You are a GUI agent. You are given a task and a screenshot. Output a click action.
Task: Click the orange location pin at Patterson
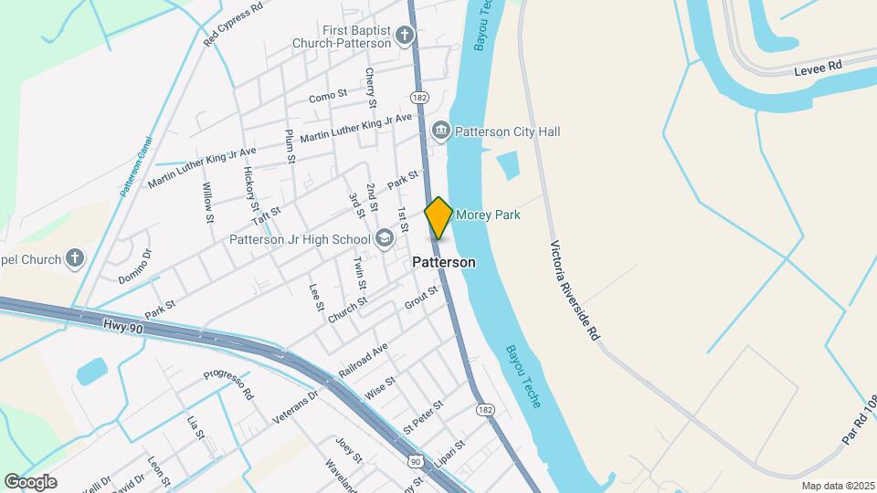point(438,218)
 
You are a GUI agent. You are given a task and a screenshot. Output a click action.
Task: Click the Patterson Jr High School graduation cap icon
point(385,239)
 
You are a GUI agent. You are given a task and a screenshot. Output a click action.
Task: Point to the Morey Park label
point(488,215)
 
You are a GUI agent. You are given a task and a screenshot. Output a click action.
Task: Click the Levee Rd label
point(817,68)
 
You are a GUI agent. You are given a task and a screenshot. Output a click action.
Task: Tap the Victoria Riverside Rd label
point(575,290)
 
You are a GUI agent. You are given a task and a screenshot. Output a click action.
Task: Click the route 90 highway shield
point(416,463)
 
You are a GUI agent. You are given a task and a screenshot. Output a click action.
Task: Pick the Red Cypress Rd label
point(234,24)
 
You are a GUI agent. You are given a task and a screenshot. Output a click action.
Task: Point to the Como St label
point(328,94)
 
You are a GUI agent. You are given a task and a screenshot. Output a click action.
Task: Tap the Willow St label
point(208,203)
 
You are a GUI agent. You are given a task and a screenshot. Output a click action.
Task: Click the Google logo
point(30,482)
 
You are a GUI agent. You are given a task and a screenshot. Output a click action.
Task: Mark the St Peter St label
point(423,415)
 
